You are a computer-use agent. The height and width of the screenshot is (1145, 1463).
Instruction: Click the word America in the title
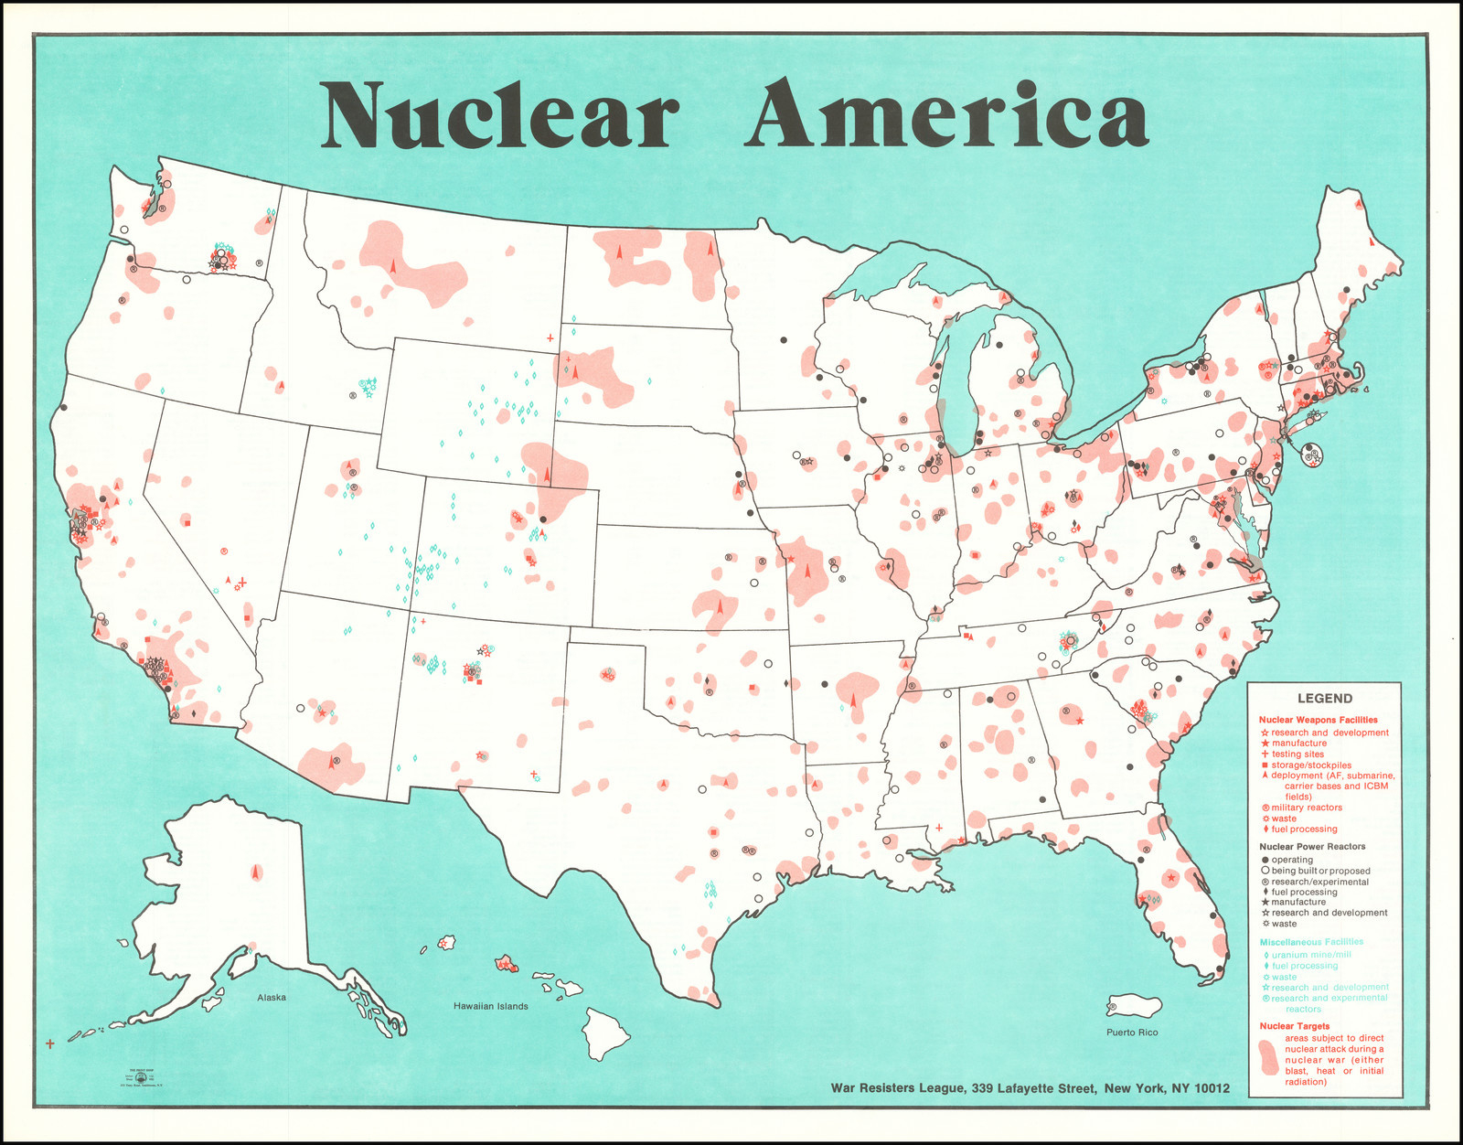tap(945, 115)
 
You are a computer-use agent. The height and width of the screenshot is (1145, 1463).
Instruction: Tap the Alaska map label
tap(271, 997)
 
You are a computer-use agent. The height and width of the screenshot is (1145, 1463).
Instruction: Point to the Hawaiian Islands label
tap(491, 1006)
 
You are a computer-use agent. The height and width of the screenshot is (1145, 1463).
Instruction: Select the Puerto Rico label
tap(1132, 1033)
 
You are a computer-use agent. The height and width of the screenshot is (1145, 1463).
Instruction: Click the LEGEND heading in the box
tap(1324, 698)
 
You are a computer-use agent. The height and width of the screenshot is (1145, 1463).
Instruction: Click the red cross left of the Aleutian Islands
tap(49, 1043)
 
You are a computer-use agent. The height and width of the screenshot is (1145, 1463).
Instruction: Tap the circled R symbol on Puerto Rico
tap(1113, 1007)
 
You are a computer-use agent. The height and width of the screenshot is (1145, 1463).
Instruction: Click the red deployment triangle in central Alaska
tap(256, 872)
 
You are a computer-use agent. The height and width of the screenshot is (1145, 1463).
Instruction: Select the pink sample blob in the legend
tap(1269, 1059)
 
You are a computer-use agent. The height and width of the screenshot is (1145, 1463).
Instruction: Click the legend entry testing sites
tap(1297, 754)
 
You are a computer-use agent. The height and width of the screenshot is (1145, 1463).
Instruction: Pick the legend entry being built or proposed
tap(1320, 871)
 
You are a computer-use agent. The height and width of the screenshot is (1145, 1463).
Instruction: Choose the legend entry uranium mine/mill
tap(1310, 955)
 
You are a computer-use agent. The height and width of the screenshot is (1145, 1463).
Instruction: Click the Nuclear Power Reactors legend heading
tap(1312, 847)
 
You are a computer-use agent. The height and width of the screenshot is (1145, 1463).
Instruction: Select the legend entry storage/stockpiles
tap(1310, 765)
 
